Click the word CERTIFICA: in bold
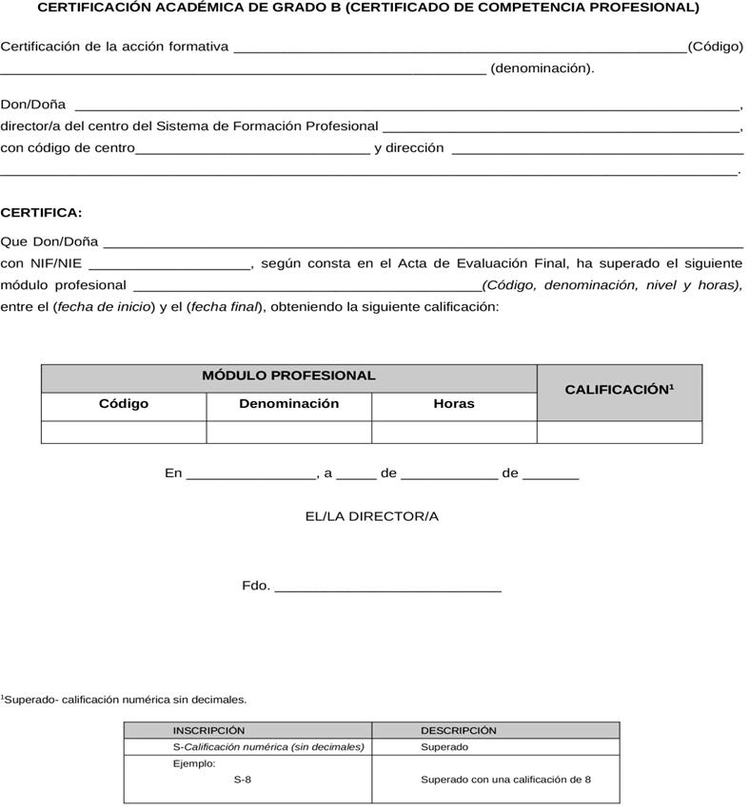click(x=41, y=213)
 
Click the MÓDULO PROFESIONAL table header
click(x=288, y=376)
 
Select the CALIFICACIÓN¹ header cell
click(x=620, y=390)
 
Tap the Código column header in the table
click(x=124, y=404)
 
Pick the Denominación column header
click(x=288, y=404)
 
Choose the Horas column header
click(x=454, y=404)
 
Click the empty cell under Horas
click(x=454, y=433)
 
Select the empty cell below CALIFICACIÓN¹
click(x=620, y=433)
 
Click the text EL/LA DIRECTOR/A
click(x=371, y=516)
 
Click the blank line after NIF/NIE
click(x=169, y=267)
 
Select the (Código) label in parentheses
click(x=715, y=47)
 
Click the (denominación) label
click(x=542, y=68)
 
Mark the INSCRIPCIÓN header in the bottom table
click(x=208, y=731)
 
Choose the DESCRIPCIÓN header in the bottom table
click(x=459, y=731)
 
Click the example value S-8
click(x=243, y=780)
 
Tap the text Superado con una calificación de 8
click(x=505, y=780)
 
